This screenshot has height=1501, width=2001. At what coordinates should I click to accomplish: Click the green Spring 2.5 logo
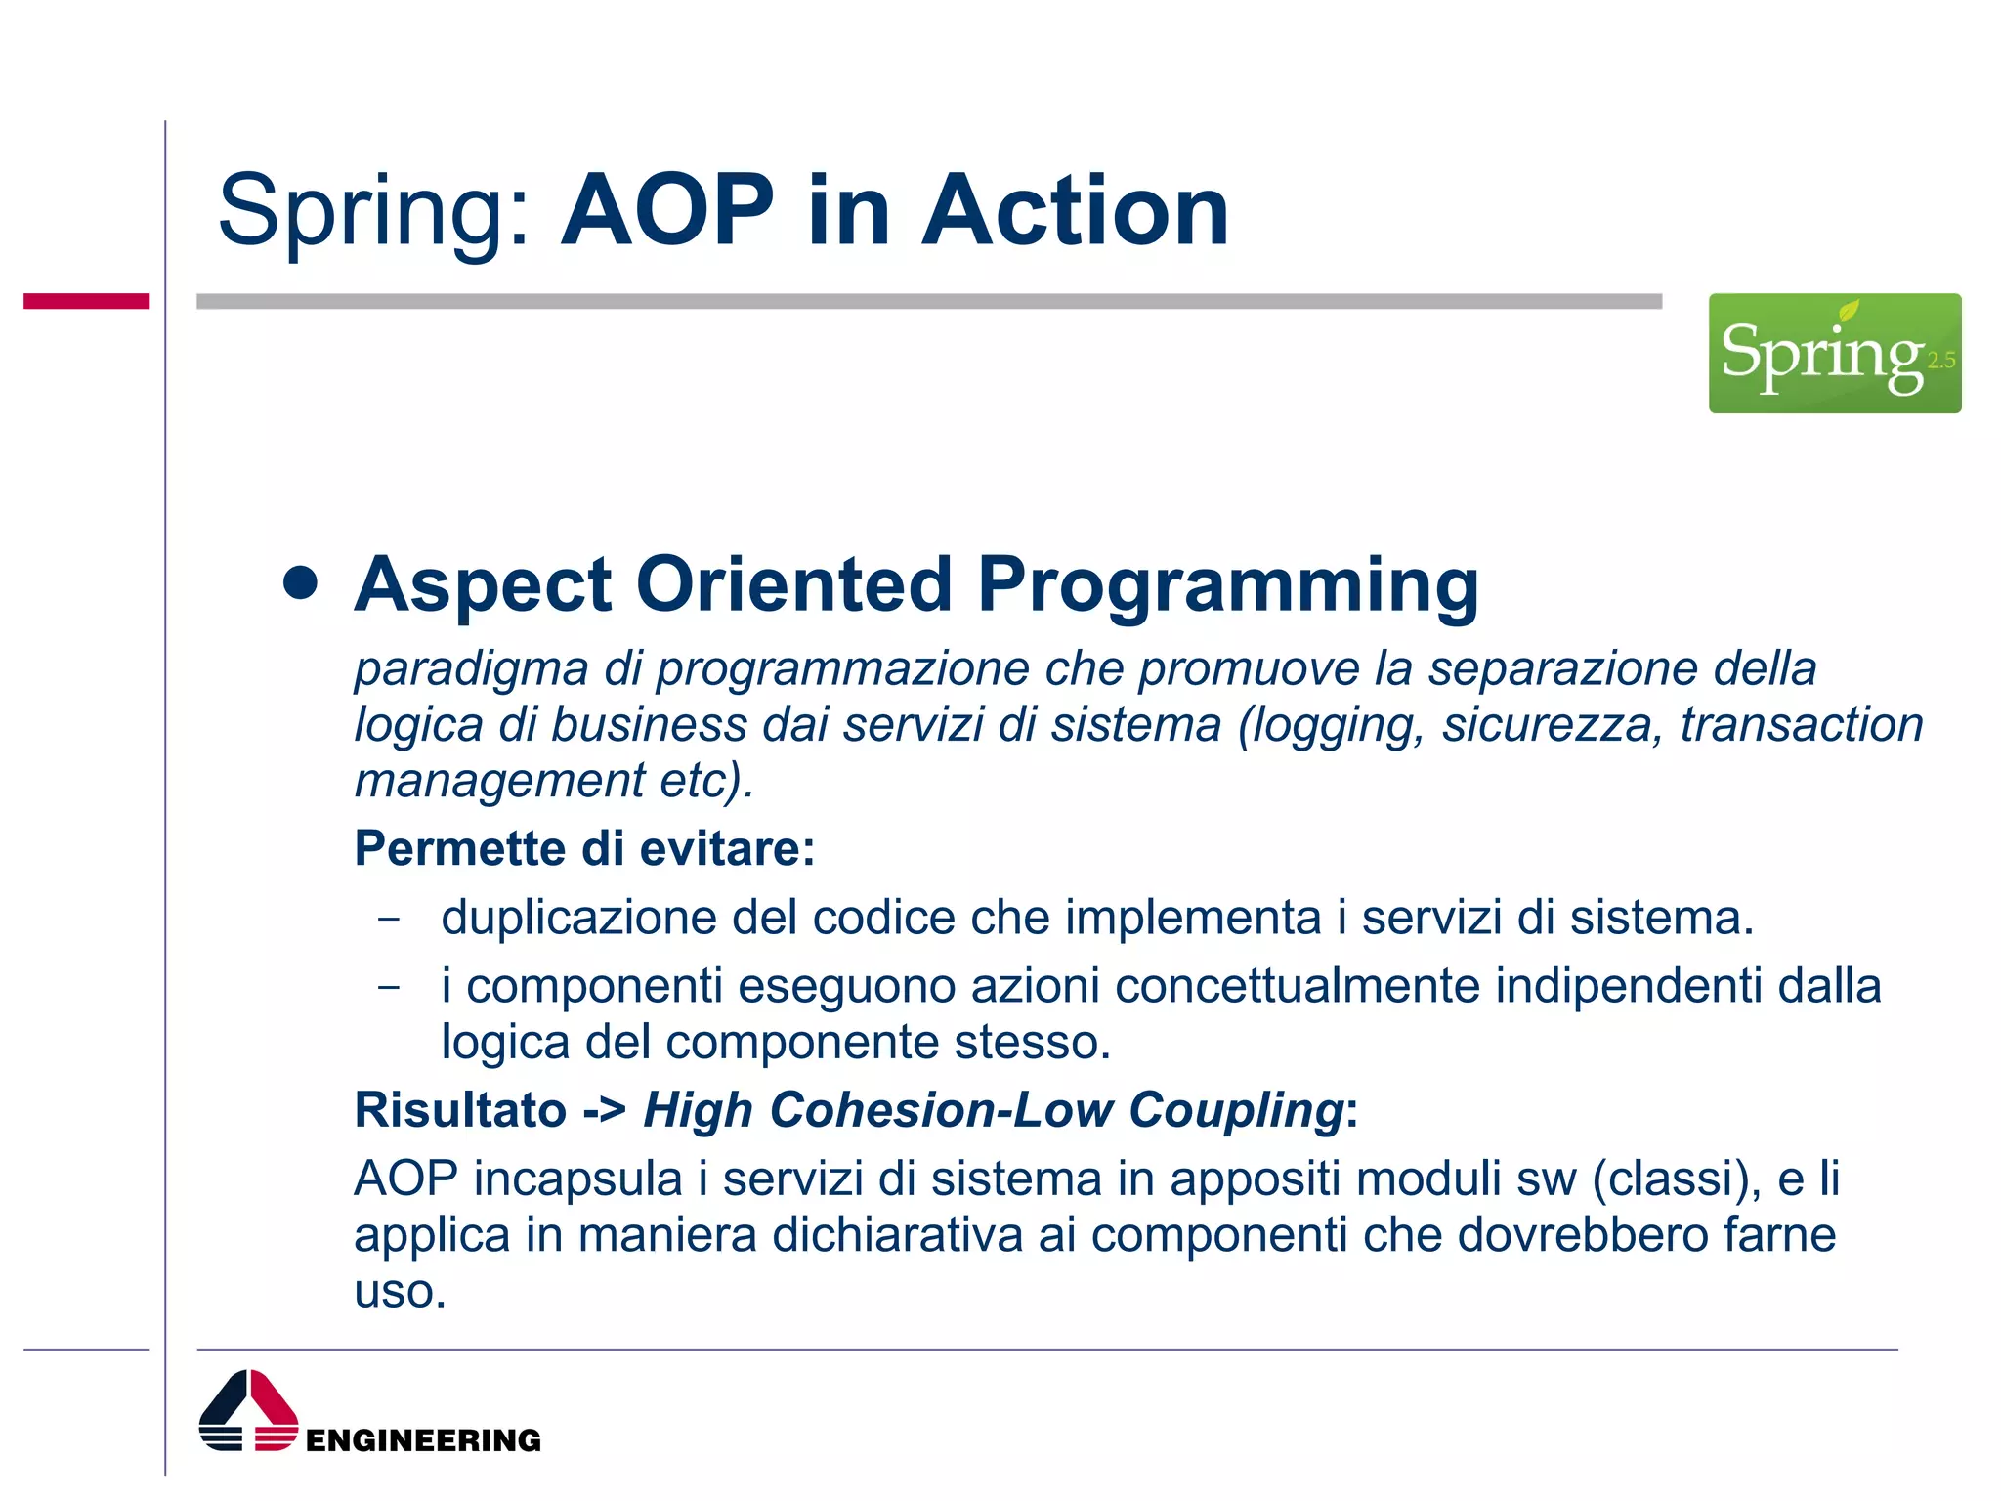point(1834,353)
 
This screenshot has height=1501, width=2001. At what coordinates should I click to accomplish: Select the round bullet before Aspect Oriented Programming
point(301,582)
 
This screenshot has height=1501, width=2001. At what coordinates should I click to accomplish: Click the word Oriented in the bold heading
point(793,584)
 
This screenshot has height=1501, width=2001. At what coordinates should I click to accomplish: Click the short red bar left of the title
point(86,301)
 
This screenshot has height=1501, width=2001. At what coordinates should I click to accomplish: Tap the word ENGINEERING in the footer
point(423,1440)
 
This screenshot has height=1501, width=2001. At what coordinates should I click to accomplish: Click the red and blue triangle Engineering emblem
point(248,1410)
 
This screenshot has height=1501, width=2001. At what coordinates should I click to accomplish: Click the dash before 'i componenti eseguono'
point(389,987)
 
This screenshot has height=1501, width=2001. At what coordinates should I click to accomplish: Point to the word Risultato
point(459,1110)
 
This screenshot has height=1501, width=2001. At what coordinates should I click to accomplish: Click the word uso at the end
point(399,1292)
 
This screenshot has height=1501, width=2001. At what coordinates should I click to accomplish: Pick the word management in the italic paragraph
point(499,781)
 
